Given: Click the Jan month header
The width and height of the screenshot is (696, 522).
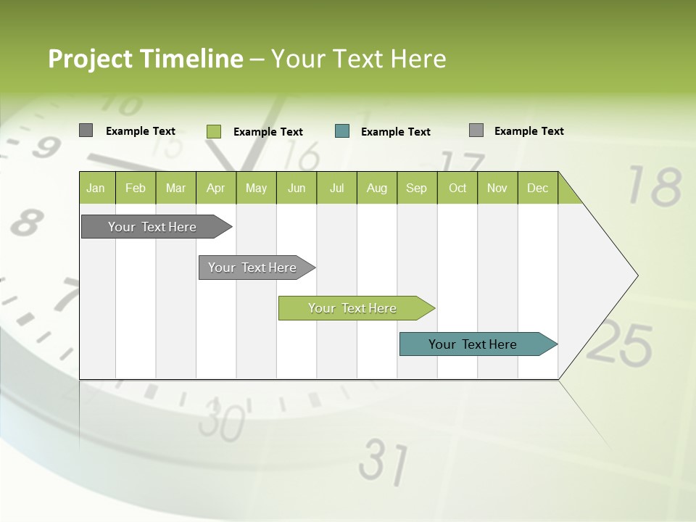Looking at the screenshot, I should [x=96, y=188].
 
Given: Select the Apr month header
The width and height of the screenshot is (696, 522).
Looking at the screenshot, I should [x=216, y=188].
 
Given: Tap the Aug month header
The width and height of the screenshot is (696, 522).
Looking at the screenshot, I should [x=377, y=188].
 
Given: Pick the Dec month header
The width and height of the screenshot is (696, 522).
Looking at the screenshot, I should [x=538, y=188].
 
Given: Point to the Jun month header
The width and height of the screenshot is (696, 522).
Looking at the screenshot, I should [x=297, y=188].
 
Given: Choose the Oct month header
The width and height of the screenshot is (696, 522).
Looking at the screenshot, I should [x=457, y=188].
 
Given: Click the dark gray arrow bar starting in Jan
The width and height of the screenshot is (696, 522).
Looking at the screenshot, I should [x=152, y=227].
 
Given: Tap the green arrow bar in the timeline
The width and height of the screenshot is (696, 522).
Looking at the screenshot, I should [x=353, y=308].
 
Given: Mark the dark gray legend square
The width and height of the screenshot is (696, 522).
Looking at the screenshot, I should [x=86, y=130].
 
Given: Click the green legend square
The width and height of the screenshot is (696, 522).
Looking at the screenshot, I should [x=213, y=131].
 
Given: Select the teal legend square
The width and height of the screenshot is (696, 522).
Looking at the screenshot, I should [x=342, y=131].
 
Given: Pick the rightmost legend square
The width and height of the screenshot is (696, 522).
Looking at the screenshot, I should [x=476, y=130].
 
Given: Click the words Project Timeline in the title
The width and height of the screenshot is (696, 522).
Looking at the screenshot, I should [x=145, y=59].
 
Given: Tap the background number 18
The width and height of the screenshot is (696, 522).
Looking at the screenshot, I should [x=654, y=186].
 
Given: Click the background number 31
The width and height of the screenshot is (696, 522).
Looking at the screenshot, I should [x=384, y=461].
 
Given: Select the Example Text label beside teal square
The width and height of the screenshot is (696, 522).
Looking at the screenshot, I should [x=396, y=132].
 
